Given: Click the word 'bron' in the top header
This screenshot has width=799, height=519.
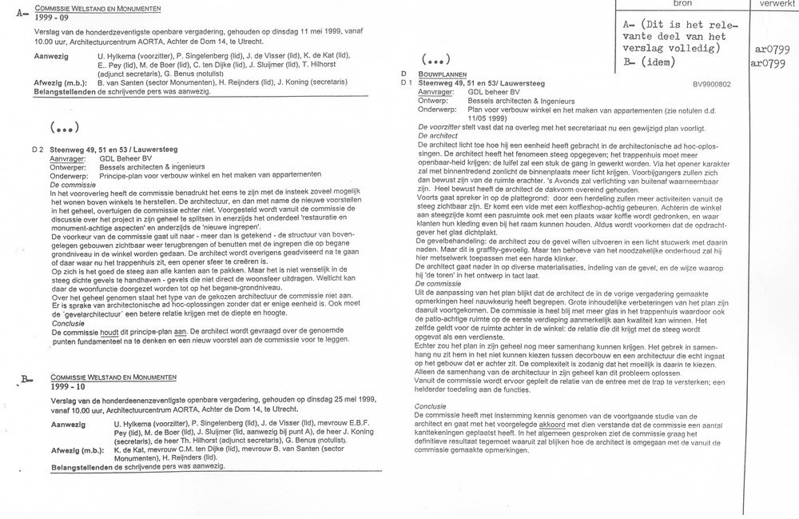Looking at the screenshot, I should [x=683, y=4].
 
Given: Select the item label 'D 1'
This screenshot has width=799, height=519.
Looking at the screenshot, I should [x=406, y=82].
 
